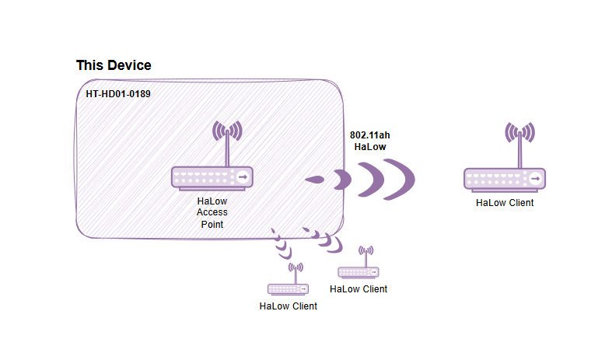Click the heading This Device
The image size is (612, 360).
coord(114,66)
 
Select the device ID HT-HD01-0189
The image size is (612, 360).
coord(118,94)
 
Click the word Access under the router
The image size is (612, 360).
coord(212,212)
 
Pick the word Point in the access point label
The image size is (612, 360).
coord(212,224)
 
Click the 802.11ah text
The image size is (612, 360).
coord(370,135)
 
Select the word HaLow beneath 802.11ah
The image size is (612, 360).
coord(370,146)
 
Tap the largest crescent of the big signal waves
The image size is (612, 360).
coord(403,180)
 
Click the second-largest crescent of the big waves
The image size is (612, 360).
coord(371,180)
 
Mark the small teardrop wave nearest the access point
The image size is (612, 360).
coord(316,180)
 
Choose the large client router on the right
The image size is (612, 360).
coord(505,180)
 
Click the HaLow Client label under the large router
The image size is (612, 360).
coord(505,204)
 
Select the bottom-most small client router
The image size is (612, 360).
coord(287,289)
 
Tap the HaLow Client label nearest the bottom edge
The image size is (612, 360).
coord(288,306)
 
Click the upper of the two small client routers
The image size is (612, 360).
coord(358,272)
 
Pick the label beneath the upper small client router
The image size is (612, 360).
coord(358,289)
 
